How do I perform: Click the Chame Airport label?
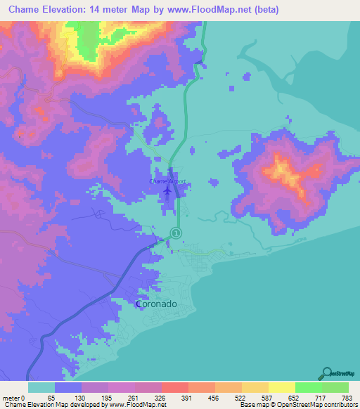(x=167, y=181)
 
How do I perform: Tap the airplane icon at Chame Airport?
(x=167, y=190)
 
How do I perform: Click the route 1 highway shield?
(x=176, y=233)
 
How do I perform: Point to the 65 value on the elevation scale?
(x=51, y=398)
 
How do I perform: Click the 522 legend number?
(x=241, y=398)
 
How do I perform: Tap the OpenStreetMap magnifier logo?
(x=328, y=373)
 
